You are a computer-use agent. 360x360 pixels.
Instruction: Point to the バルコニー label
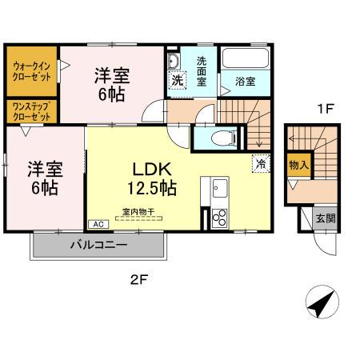click(x=97, y=245)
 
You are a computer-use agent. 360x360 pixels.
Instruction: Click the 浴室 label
click(x=246, y=81)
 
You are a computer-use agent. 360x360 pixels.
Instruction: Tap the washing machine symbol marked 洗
click(x=177, y=80)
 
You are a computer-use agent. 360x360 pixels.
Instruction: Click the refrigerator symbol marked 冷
click(x=260, y=164)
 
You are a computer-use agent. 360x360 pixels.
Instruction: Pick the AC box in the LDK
click(x=100, y=225)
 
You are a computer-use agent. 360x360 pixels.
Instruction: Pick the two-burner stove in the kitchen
click(x=219, y=217)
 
